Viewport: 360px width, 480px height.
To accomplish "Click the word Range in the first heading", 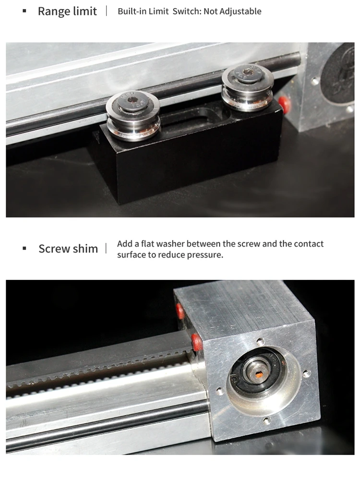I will click(x=53, y=11).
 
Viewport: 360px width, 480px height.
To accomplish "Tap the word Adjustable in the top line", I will click(x=243, y=11).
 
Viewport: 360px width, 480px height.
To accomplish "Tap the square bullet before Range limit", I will click(x=24, y=11).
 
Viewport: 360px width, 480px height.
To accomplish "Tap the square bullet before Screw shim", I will click(x=24, y=249).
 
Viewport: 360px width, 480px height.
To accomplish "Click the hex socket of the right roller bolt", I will click(x=248, y=72).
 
